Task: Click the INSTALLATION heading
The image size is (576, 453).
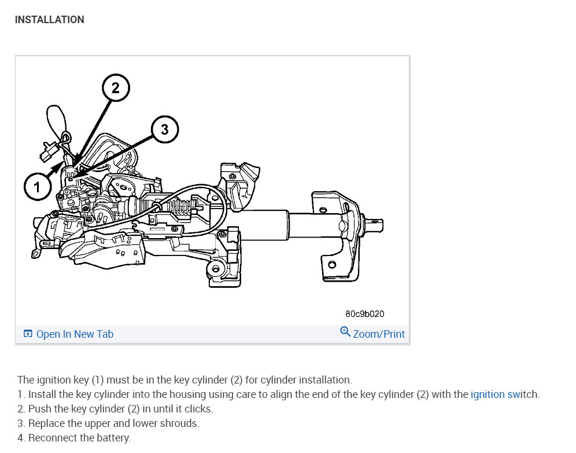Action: pos(49,20)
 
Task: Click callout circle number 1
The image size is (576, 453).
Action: pos(38,187)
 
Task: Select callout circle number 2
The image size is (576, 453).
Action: pos(115,89)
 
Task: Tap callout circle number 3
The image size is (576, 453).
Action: pos(165,130)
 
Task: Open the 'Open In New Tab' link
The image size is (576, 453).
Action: pos(75,334)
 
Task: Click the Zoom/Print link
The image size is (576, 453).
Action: pos(379,334)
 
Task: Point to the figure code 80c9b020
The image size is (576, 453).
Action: pos(364,314)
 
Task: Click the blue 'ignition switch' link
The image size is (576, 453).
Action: pos(504,394)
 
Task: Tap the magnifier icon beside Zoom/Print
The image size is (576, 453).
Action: pos(345,332)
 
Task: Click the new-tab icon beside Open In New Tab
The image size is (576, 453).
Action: pos(28,334)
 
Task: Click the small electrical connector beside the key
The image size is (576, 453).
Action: pos(46,154)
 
